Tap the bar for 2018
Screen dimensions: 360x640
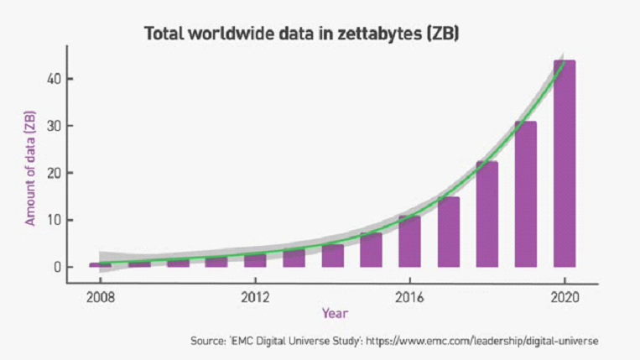point(487,214)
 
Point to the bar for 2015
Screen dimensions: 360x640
point(371,250)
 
